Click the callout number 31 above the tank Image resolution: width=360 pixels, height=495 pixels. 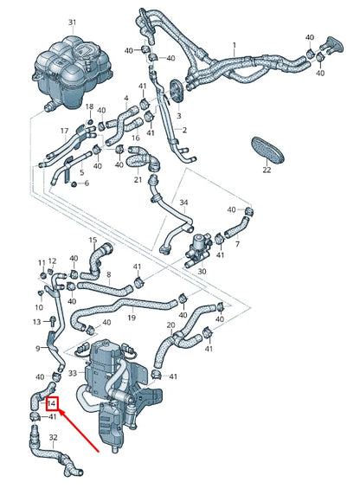(x=72, y=21)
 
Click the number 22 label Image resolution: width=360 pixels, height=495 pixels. (x=267, y=170)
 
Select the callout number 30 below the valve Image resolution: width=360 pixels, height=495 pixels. (x=201, y=271)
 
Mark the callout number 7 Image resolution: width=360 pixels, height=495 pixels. (x=237, y=244)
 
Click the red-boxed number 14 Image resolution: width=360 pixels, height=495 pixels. (x=52, y=402)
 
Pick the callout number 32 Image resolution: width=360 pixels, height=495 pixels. (x=53, y=438)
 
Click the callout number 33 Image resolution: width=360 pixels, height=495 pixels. (x=72, y=374)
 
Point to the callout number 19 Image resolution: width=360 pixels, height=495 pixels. (x=132, y=318)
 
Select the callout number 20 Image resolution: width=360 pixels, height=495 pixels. (x=170, y=326)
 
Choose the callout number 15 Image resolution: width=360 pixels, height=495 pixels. (x=93, y=240)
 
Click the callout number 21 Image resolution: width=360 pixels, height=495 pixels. (x=138, y=180)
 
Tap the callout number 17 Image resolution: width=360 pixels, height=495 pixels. (x=63, y=131)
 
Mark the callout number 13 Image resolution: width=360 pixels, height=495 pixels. (x=37, y=321)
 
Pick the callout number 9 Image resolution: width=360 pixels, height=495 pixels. (x=37, y=348)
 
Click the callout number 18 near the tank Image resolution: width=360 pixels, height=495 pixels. (x=87, y=106)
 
